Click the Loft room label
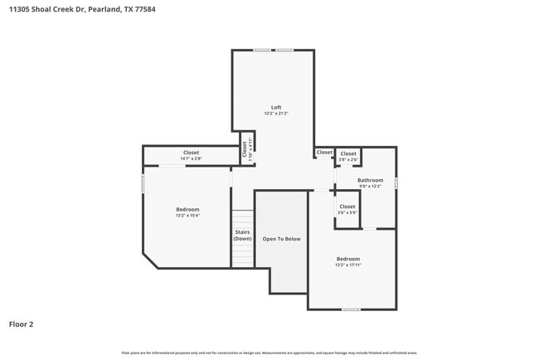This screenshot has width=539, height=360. [x=276, y=107]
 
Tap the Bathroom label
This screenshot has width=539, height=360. [x=370, y=180]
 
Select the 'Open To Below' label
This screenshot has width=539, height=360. [x=281, y=239]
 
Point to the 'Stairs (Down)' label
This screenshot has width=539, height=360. [x=242, y=236]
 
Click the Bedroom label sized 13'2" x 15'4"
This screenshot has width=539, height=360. [x=187, y=210]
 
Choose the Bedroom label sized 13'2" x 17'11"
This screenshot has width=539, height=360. [x=347, y=259]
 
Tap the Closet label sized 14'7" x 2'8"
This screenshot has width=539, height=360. [x=191, y=153]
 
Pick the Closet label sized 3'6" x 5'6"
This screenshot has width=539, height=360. [x=347, y=207]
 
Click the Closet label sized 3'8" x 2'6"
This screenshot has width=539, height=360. [x=348, y=153]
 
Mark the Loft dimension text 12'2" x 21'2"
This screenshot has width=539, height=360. [x=276, y=114]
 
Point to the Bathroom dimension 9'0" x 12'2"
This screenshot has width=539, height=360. [x=370, y=187]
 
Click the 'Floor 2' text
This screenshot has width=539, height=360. [x=21, y=324]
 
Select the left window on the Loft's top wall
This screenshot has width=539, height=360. [x=262, y=50]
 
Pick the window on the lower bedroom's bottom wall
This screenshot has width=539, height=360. [x=351, y=309]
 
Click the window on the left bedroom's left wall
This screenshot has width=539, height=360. [x=143, y=183]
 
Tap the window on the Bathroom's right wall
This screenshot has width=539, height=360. [x=396, y=182]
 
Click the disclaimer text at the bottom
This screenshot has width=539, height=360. [x=269, y=353]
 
